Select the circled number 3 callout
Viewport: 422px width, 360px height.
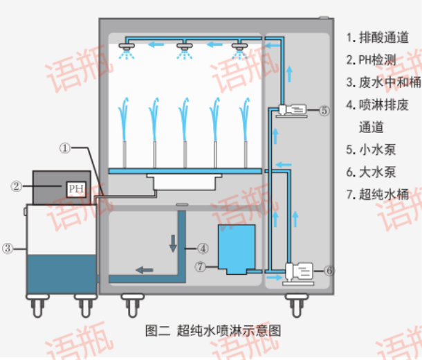point(8,248)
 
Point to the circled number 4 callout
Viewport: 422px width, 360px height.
point(203,247)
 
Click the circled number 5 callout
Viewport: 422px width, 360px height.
point(324,109)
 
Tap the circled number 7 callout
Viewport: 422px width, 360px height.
point(200,266)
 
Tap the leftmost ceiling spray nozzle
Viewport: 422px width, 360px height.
point(127,47)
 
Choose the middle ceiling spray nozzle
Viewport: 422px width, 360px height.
point(185,47)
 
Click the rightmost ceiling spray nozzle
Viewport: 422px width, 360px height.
point(240,47)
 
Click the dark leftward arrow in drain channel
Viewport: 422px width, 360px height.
point(145,270)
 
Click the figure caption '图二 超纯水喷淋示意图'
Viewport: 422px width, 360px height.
point(213,330)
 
